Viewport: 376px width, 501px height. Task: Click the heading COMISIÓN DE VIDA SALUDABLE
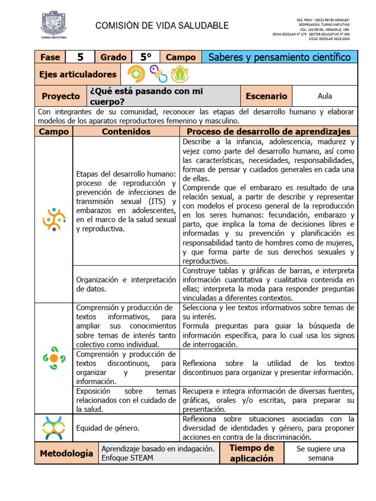(161, 25)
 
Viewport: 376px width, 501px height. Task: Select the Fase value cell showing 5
(80, 57)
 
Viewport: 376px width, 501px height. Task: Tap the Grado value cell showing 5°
(145, 57)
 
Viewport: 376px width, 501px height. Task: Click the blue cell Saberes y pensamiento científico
(280, 57)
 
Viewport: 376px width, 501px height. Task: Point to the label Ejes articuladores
(78, 74)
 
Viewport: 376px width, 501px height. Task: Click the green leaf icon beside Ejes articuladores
(180, 74)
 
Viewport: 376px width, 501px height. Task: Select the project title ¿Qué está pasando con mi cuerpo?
(146, 96)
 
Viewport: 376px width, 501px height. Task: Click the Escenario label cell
(266, 96)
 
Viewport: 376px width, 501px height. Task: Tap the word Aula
(325, 96)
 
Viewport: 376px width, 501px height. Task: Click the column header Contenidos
(126, 132)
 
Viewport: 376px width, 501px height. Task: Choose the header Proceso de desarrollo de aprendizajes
(269, 132)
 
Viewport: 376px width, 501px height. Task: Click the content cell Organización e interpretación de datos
(126, 284)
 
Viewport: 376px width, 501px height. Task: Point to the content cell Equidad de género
(108, 428)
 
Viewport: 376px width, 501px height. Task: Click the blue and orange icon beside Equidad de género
(54, 428)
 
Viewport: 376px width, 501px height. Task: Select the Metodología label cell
(67, 453)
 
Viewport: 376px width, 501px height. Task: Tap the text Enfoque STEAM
(127, 458)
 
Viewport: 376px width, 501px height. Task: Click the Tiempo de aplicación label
(252, 453)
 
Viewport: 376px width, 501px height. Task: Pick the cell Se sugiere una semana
(321, 453)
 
